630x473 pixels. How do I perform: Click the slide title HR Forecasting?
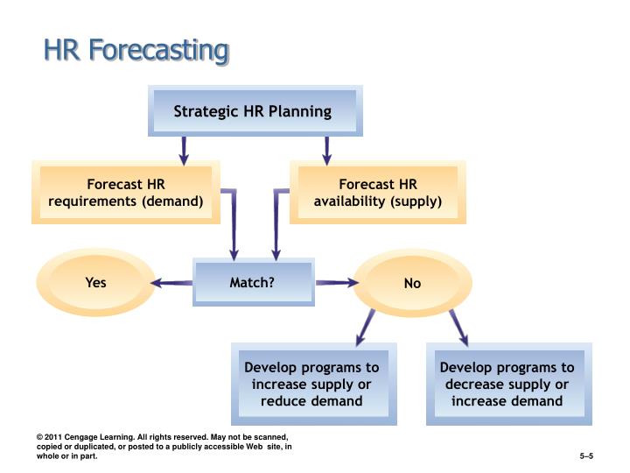[136, 50]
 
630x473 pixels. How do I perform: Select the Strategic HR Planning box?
[253, 111]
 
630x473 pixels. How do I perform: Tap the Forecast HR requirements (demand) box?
[126, 193]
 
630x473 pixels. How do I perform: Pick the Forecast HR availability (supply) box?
[378, 193]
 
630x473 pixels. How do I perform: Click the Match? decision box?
[252, 282]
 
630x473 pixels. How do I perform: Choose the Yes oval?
[95, 282]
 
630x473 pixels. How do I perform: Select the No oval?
[412, 283]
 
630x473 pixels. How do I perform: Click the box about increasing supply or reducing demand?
[311, 385]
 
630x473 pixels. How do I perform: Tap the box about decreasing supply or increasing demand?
[507, 385]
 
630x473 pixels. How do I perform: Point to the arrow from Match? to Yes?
[171, 282]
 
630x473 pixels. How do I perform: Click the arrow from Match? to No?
[337, 282]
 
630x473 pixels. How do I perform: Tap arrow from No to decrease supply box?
[458, 327]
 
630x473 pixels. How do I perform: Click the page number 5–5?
[586, 456]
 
